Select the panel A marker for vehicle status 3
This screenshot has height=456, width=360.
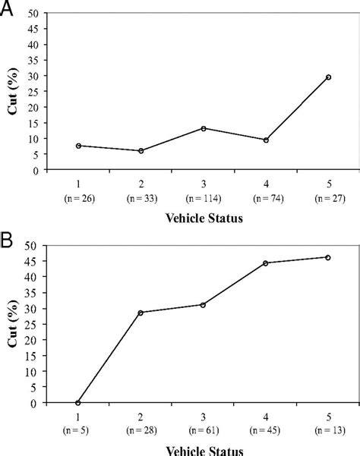pos(204,128)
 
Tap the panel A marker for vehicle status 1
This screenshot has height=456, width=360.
pos(79,146)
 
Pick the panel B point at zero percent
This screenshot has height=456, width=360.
pos(79,403)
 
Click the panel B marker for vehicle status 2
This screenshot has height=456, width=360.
pos(141,313)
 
